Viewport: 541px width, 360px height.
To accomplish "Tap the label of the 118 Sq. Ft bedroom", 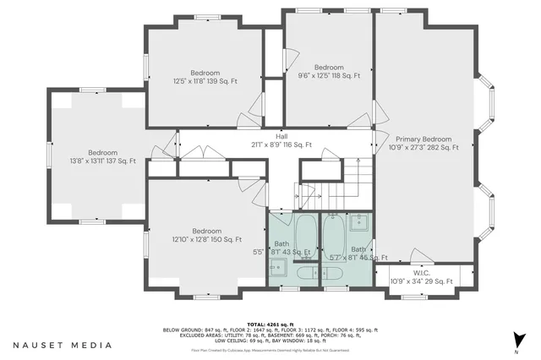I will pyautogui.click(x=329, y=71).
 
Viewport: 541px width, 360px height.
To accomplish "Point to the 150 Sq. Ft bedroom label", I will pyautogui.click(x=206, y=235).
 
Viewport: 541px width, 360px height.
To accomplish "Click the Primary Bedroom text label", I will pyautogui.click(x=424, y=143).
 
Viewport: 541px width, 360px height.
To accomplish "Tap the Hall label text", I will pyautogui.click(x=281, y=140).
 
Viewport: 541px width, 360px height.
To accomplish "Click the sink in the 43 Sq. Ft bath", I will pyautogui.click(x=279, y=269).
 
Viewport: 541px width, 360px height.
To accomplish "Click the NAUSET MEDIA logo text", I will pyautogui.click(x=63, y=345).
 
